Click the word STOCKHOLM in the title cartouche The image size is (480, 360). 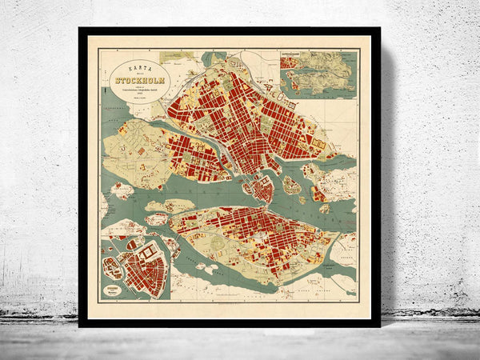point(140,79)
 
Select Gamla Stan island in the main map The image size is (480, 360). point(261,189)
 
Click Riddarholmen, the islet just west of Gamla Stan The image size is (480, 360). point(246,186)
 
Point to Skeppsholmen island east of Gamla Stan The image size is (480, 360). point(291,185)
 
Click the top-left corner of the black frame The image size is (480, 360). point(81,30)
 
